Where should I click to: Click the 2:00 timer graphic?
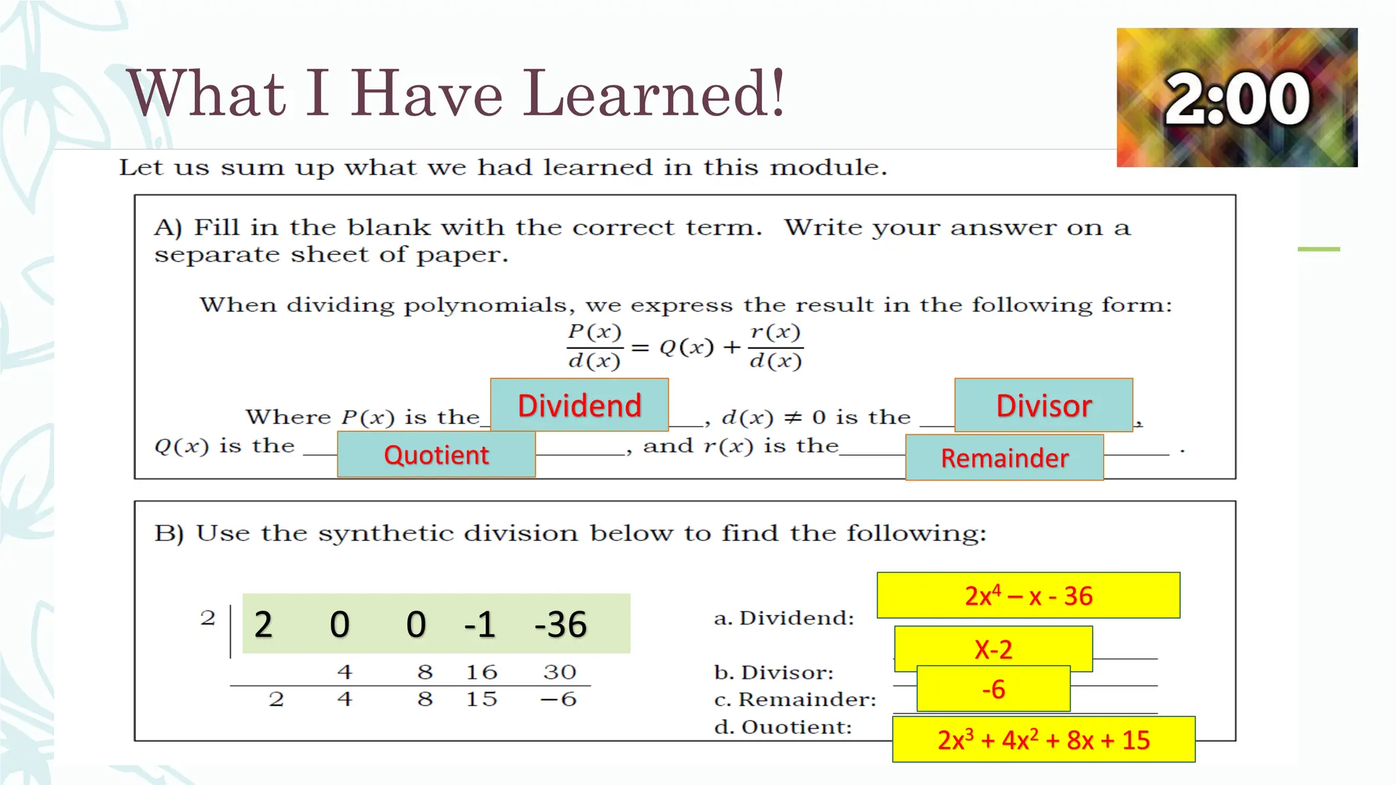click(x=1236, y=97)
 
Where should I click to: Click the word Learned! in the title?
click(x=654, y=93)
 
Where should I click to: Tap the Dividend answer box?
click(x=579, y=405)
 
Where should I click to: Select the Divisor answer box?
click(x=1044, y=405)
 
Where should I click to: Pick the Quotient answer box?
click(x=436, y=455)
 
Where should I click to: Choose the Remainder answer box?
click(x=1004, y=458)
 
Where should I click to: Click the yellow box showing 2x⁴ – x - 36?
click(x=1028, y=596)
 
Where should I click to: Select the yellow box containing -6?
click(x=993, y=690)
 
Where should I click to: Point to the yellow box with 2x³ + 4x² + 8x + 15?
click(x=1043, y=739)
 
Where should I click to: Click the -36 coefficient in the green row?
click(x=560, y=624)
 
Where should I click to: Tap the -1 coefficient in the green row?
click(x=479, y=624)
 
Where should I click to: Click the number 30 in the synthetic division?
click(x=560, y=672)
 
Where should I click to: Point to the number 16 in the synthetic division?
click(x=481, y=672)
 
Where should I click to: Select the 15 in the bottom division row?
click(x=481, y=699)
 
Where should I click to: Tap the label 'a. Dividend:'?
click(x=784, y=618)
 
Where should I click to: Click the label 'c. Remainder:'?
click(x=795, y=700)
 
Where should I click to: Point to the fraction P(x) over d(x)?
click(x=594, y=346)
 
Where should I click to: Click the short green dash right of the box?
click(x=1318, y=249)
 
